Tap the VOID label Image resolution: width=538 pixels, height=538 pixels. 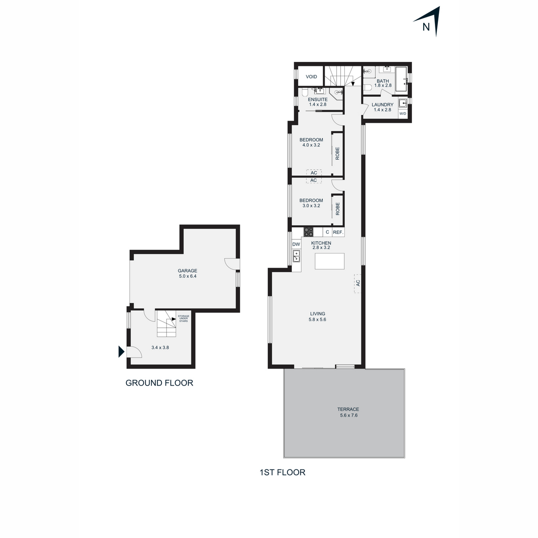click(x=311, y=77)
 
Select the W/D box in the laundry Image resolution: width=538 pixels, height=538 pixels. click(x=403, y=113)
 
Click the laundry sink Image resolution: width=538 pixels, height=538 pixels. click(x=403, y=103)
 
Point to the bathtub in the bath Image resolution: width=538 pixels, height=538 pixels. click(x=402, y=79)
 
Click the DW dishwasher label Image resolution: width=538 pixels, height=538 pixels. click(x=296, y=244)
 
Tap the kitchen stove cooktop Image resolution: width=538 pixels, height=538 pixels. click(x=308, y=232)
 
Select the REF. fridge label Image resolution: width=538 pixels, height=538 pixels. click(x=338, y=232)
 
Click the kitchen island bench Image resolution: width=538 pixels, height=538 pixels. click(x=330, y=261)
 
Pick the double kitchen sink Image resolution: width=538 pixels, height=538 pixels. click(x=296, y=256)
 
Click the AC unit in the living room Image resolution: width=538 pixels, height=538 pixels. click(x=358, y=283)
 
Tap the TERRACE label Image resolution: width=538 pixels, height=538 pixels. click(x=348, y=409)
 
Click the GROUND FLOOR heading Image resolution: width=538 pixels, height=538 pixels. click(x=159, y=383)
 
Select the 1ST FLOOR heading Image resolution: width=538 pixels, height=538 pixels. click(x=282, y=473)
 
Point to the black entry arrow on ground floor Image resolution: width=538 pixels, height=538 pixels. click(x=121, y=351)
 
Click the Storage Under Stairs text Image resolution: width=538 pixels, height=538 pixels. click(x=183, y=319)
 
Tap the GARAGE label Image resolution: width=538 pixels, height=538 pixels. click(x=187, y=270)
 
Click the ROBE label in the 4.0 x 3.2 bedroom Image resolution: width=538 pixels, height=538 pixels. click(x=337, y=153)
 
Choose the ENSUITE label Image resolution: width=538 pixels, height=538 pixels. click(x=318, y=100)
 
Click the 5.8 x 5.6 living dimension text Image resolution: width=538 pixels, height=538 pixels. click(x=317, y=319)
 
